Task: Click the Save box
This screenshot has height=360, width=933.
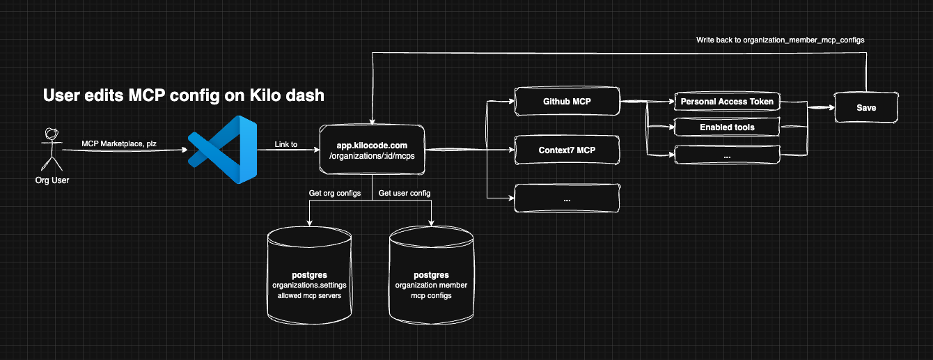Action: tap(866, 108)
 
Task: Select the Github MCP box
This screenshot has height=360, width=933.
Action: tap(567, 102)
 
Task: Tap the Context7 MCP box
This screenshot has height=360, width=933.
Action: tap(567, 150)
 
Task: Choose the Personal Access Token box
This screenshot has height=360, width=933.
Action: tap(726, 102)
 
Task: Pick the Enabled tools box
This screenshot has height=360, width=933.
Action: tap(726, 127)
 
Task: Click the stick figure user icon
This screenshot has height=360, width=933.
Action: tap(48, 149)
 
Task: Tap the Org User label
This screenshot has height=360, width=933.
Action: tap(52, 180)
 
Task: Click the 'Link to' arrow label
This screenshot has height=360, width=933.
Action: tap(286, 144)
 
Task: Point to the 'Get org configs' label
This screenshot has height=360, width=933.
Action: tap(335, 193)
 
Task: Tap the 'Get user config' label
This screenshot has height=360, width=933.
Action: tap(405, 193)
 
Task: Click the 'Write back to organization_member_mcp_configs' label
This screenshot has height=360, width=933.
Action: tap(780, 40)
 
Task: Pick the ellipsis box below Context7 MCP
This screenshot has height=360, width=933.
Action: tap(567, 198)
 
